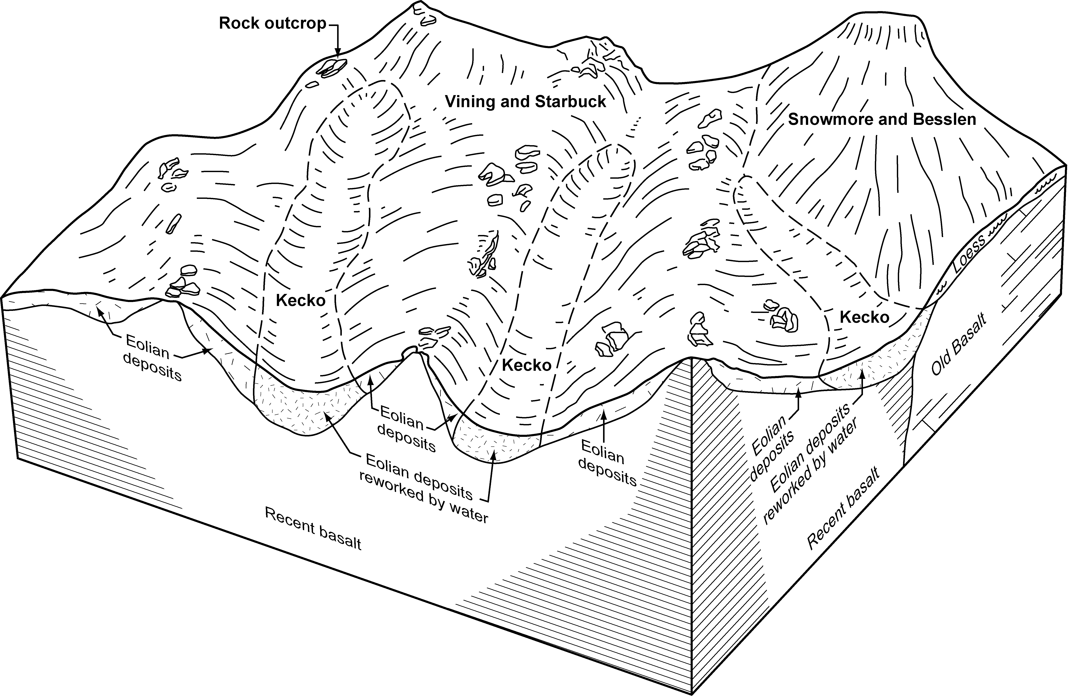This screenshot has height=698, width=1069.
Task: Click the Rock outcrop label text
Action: click(272, 23)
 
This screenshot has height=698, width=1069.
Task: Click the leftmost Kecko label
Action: click(300, 301)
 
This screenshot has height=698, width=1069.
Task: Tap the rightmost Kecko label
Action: click(864, 318)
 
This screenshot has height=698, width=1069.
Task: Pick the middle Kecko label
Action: click(526, 365)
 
